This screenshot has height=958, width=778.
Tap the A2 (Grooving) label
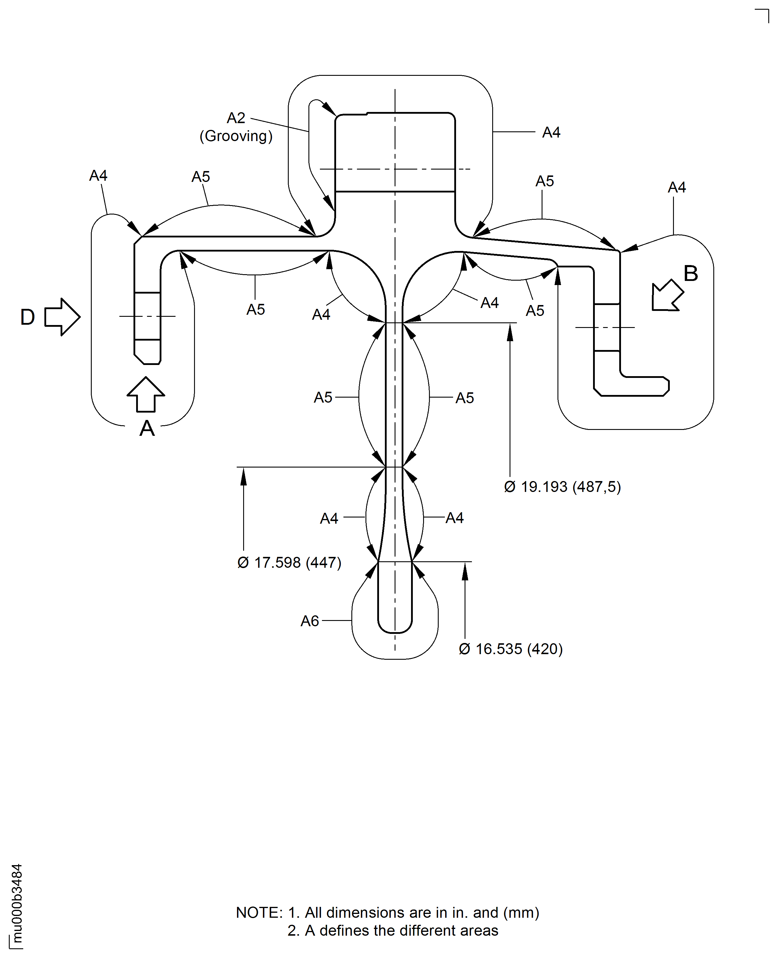pos(236,127)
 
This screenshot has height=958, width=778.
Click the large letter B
pos(691,274)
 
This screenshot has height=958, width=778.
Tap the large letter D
pos(28,317)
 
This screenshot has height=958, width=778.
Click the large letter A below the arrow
pos(147,429)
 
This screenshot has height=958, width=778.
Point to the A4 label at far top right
pos(677,187)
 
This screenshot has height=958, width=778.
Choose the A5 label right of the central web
pos(465,398)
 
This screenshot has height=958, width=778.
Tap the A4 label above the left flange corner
pos(98,175)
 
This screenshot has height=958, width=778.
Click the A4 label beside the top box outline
pos(551,133)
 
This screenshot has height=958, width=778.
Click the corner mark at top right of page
pos(762,16)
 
